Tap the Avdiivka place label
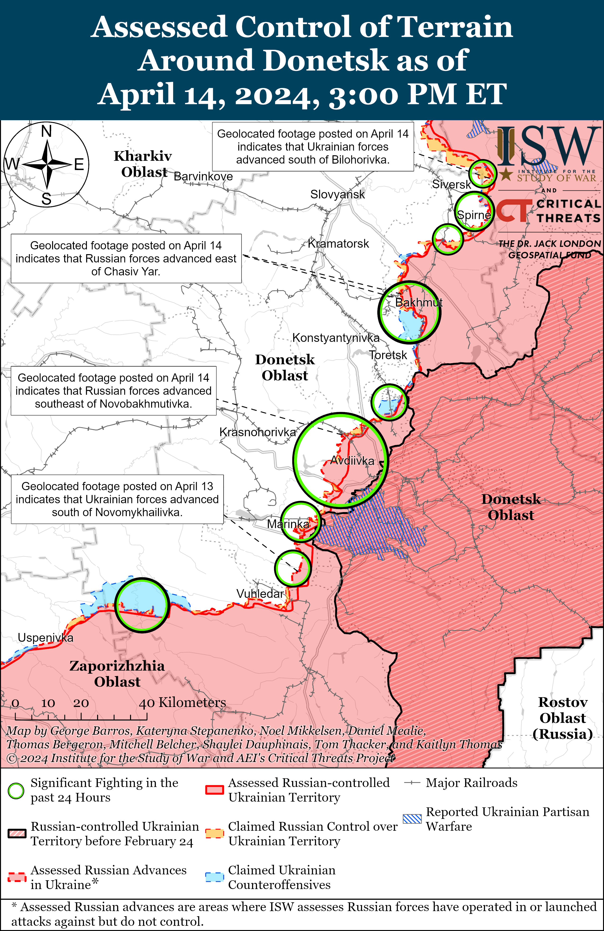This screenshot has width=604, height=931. tap(352, 461)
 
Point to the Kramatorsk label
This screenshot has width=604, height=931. tap(338, 244)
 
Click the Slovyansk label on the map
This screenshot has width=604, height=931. tap(337, 194)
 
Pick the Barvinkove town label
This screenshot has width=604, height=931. tap(203, 176)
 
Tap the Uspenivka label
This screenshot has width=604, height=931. tap(45, 638)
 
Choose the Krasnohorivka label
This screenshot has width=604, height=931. tap(258, 432)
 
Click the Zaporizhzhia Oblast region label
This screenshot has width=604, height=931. tap(117, 674)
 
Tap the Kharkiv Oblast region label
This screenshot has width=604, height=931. tap(143, 164)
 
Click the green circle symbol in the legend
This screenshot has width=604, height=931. tap(16, 791)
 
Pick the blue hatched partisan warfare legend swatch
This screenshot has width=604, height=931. tap(412, 819)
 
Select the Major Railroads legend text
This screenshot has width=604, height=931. tap(471, 783)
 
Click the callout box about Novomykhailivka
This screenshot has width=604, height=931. tap(117, 499)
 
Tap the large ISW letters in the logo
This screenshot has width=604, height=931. tap(547, 147)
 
